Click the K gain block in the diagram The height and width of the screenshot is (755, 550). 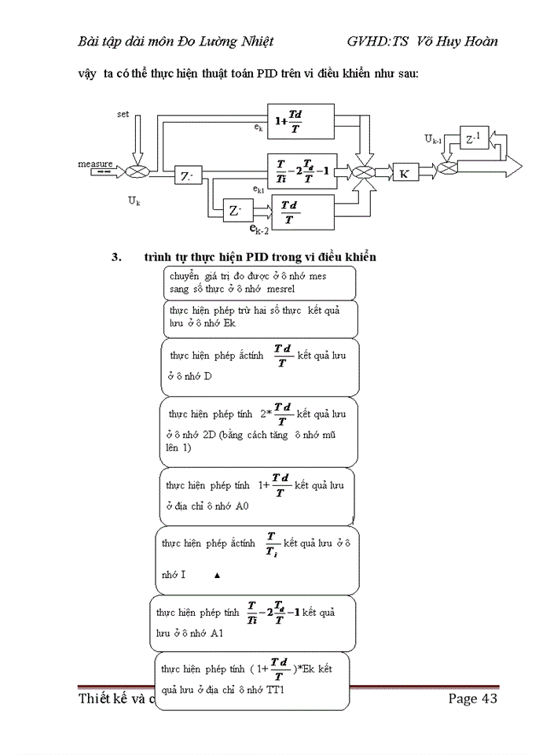click(404, 174)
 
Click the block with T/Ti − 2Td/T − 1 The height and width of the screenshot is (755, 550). click(302, 171)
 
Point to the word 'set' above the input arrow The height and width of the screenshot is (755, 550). click(123, 114)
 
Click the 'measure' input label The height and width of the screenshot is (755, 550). click(95, 164)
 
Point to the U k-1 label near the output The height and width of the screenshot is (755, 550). click(433, 139)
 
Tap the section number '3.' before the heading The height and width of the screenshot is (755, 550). click(117, 257)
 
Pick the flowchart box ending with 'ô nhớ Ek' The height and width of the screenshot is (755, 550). click(260, 318)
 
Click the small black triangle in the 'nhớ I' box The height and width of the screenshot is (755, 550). click(217, 576)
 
